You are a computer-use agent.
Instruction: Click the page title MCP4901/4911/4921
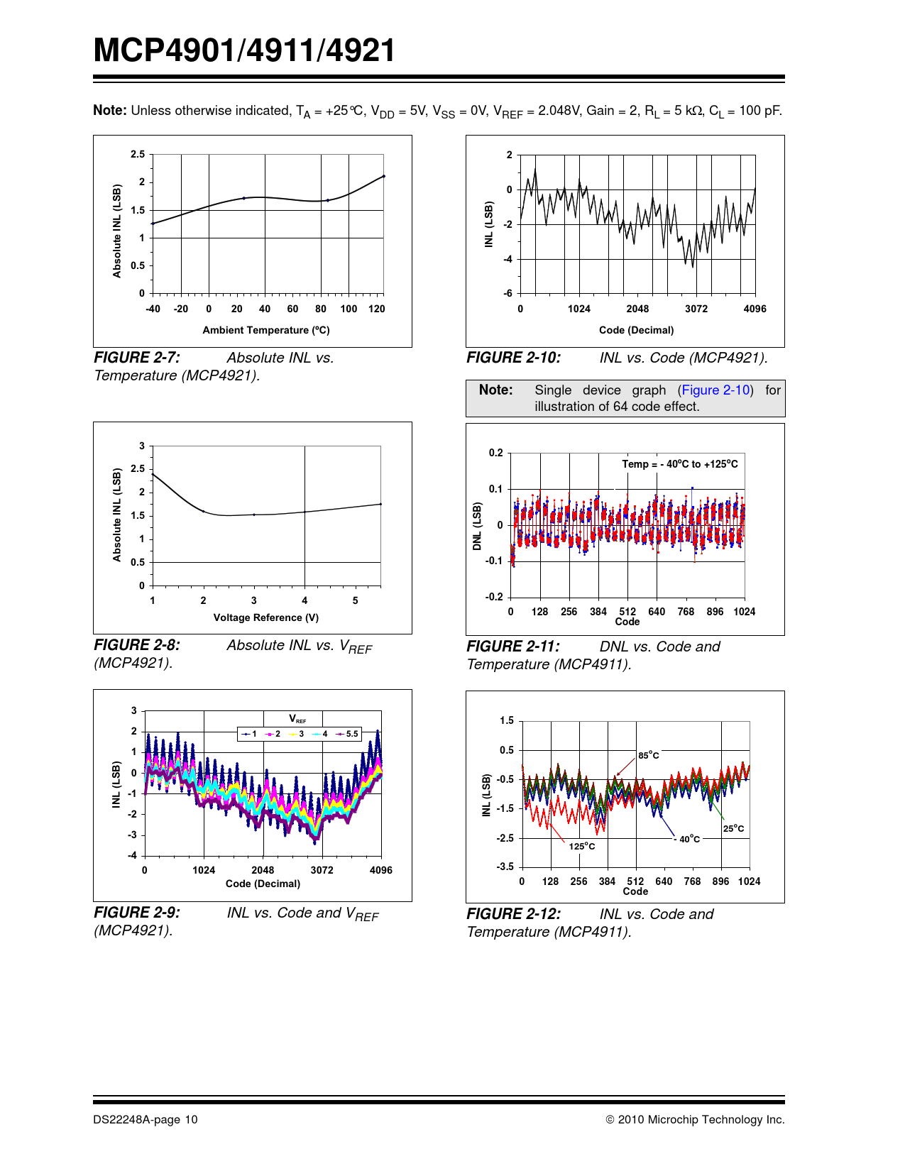tap(244, 51)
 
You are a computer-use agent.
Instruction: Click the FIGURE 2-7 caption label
tap(136, 358)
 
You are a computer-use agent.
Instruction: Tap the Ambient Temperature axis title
tap(266, 330)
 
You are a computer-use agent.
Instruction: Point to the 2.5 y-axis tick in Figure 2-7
tap(138, 154)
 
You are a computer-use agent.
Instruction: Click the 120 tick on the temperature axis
tap(377, 309)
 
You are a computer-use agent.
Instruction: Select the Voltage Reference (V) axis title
tap(266, 617)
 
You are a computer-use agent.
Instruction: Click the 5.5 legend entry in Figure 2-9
tap(352, 734)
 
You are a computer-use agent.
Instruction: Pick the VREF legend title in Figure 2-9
tap(297, 719)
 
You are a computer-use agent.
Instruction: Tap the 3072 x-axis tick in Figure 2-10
tap(696, 309)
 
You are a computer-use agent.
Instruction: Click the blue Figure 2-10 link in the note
tap(715, 390)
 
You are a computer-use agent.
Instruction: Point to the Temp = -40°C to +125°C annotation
tap(680, 464)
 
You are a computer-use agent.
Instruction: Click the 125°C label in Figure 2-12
tap(582, 846)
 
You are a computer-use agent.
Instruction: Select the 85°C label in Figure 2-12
tap(648, 755)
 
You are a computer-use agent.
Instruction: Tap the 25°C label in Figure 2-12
tap(734, 828)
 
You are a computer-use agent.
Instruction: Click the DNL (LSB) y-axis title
tap(478, 526)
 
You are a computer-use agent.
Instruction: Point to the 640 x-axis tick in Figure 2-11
tap(657, 612)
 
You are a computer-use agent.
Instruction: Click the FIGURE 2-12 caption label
tap(513, 914)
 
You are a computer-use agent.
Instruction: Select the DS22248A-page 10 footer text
tap(146, 1120)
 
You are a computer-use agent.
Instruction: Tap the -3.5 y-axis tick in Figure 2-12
tap(505, 867)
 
